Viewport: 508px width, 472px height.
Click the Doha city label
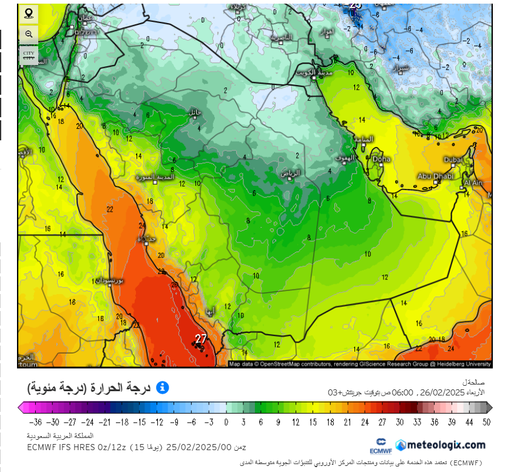click(382, 159)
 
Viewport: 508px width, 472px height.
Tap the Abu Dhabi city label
click(435, 176)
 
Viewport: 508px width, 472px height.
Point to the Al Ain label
click(473, 182)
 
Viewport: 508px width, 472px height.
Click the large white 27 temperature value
click(201, 338)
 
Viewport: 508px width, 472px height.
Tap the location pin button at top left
click(29, 13)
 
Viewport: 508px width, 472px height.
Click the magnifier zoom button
click(29, 34)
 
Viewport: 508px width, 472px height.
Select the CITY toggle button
click(29, 55)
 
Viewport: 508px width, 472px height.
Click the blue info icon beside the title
click(162, 388)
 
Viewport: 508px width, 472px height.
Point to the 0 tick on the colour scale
click(226, 422)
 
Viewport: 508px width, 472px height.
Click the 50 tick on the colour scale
click(487, 422)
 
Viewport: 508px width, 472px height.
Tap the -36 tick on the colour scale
click(35, 422)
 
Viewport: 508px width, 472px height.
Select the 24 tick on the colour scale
click(365, 422)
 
